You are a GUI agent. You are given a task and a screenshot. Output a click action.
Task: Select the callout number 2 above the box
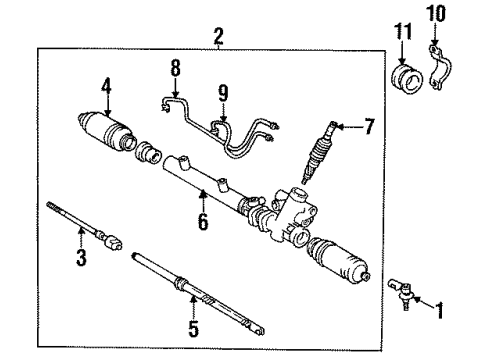pyautogui.click(x=219, y=36)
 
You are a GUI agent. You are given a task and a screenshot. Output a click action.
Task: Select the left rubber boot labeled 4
pyautogui.click(x=106, y=131)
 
